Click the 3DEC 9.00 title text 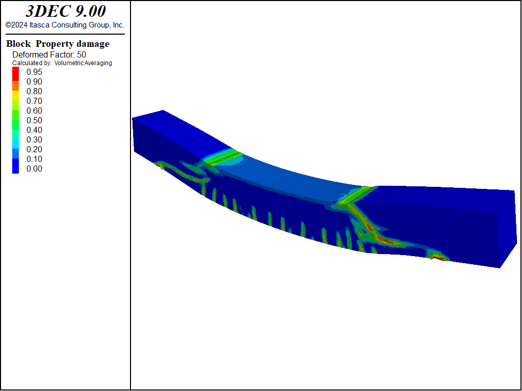coord(66,11)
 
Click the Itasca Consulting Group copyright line coord(65,25)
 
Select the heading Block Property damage coord(58,44)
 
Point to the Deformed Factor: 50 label coord(49,54)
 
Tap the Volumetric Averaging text coord(83,63)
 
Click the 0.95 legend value coord(34,72)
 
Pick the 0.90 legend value coord(34,82)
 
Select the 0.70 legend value coord(34,101)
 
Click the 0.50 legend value coord(34,120)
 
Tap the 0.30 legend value coord(34,139)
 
